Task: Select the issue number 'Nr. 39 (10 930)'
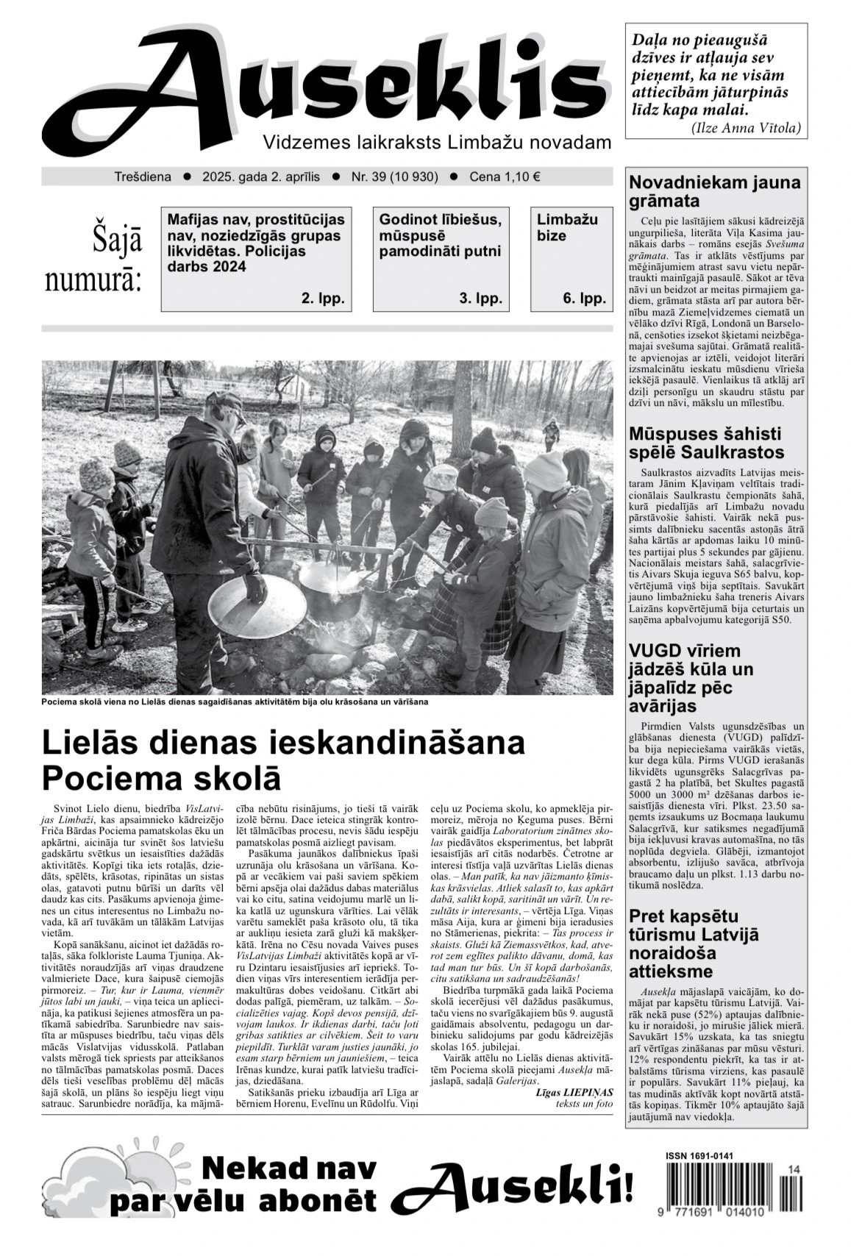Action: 394,176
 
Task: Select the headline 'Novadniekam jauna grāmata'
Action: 714,192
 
